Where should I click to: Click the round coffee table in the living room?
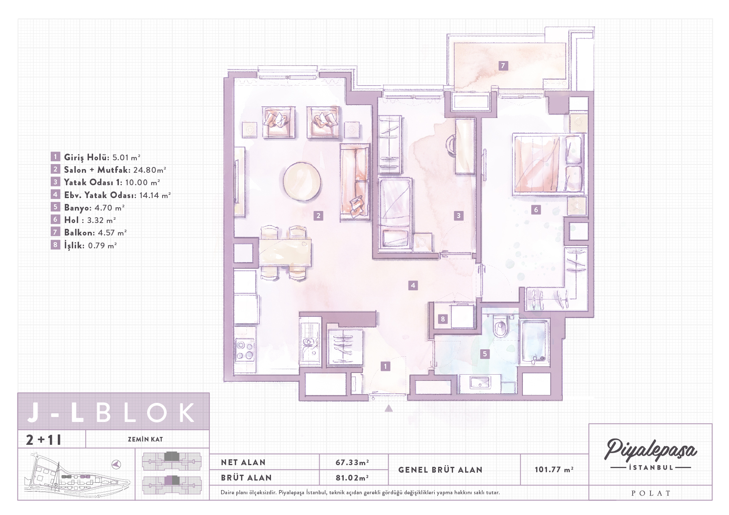coord(302,181)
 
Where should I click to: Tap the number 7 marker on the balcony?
coord(503,66)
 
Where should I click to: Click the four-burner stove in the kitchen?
coord(244,350)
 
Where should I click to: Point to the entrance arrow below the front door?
coord(389,408)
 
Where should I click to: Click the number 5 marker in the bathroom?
coord(485,354)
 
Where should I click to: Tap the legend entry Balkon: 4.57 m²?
coord(95,233)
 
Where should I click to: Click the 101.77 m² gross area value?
coord(554,470)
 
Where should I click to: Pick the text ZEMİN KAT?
coord(145,439)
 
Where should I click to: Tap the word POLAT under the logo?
coord(651,493)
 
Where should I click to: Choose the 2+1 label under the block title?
coord(44,439)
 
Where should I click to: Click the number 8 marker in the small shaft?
coord(443,319)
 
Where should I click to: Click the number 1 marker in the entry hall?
coord(386,366)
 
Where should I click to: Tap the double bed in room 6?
coord(549,164)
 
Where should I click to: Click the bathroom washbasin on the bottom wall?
coord(480,383)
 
